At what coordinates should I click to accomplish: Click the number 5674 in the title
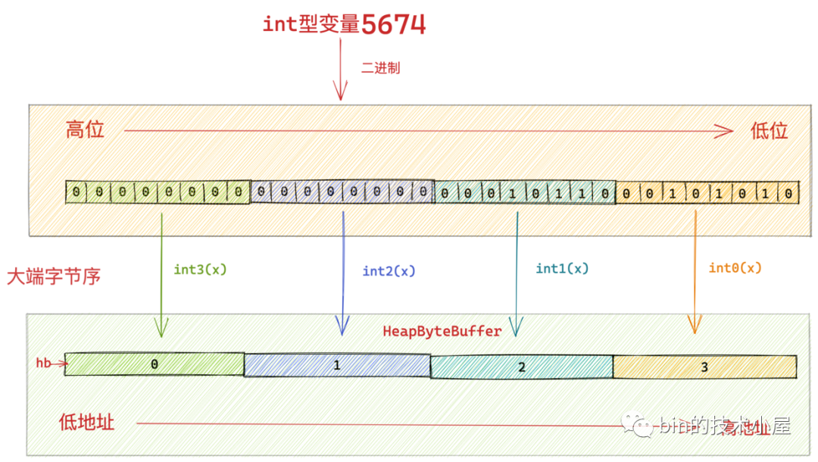393,24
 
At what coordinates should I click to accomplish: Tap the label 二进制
380,68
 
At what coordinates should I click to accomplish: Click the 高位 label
85,130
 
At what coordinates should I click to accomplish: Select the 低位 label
769,131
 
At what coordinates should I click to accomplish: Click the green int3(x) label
201,269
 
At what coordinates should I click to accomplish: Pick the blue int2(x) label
389,271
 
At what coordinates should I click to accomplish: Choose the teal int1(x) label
562,268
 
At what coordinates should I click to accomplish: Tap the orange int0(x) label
735,268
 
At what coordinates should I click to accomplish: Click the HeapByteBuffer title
442,331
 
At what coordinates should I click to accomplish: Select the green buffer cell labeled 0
155,364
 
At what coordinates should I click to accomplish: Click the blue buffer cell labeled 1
337,365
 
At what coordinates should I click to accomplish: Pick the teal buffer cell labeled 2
521,367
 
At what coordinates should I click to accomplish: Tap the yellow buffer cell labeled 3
704,367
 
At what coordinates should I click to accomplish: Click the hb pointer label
44,364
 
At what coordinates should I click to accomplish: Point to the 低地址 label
86,422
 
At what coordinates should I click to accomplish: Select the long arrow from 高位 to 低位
428,131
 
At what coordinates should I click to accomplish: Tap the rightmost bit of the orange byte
788,194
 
